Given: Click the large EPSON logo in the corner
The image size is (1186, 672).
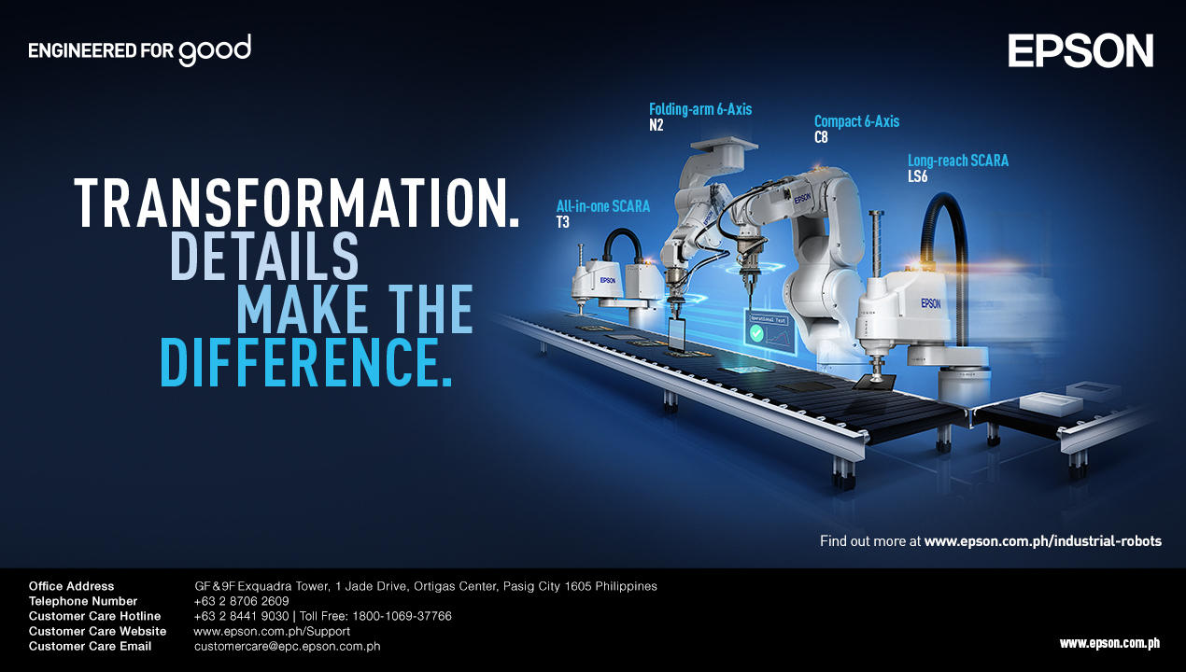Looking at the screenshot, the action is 1080,50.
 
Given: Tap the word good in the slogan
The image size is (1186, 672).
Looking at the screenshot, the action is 215,50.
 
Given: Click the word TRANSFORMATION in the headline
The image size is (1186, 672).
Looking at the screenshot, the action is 297,203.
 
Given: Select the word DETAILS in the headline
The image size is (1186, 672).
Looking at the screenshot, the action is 264,256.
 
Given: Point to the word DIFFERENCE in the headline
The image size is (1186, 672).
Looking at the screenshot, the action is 306,362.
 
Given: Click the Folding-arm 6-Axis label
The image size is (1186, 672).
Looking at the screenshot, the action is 700,109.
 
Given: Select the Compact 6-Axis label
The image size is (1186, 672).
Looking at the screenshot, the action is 856,121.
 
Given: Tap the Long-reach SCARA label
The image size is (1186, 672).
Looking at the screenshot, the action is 958,161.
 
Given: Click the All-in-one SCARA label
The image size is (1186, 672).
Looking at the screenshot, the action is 603,206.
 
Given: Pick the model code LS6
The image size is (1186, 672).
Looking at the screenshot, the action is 918,176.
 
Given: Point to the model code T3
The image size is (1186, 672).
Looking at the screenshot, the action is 563,222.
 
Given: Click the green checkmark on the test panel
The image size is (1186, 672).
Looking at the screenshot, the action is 756,333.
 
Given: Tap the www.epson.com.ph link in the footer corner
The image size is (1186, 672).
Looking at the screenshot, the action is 1109,643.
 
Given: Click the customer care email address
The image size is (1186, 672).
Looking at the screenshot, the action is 287,646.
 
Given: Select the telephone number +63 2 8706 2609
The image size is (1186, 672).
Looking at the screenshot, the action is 242,601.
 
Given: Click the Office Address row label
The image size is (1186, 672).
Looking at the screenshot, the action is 72,586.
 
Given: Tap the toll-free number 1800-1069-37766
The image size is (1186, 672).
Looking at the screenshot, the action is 402,616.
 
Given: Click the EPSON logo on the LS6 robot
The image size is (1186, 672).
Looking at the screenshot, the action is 931,303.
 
